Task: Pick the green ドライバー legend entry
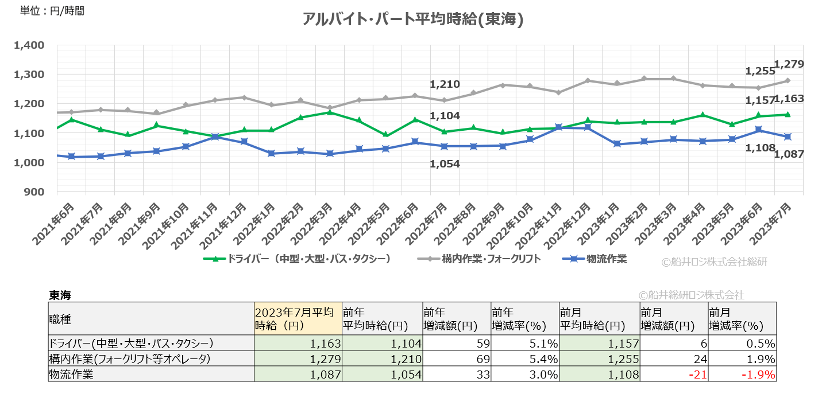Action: (298, 259)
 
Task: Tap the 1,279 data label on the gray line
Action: (789, 64)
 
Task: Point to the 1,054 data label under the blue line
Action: (445, 164)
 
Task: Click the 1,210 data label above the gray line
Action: (445, 85)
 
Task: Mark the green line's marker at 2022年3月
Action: (329, 112)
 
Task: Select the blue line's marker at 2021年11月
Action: (214, 137)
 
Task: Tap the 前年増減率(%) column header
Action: (524, 319)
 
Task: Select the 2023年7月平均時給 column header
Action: (298, 319)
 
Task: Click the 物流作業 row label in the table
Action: (72, 375)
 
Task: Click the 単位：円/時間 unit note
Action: (52, 10)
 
